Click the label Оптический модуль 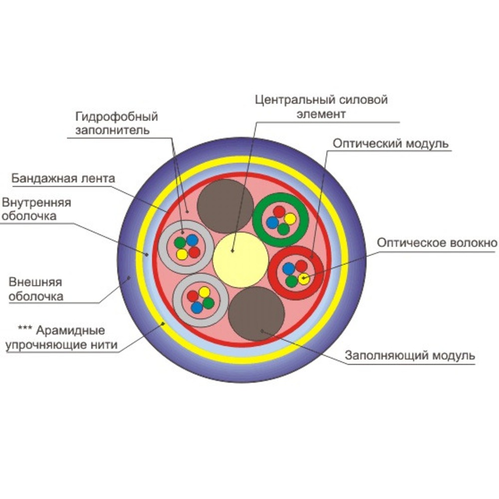point(391,144)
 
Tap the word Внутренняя point(36,203)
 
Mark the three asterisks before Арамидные point(25,329)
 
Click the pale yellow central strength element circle point(241,260)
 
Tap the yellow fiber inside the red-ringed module point(303,278)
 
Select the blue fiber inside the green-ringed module point(272,223)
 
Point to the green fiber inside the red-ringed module point(292,281)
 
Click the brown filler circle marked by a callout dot point(256,313)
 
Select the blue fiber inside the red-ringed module point(288,268)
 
